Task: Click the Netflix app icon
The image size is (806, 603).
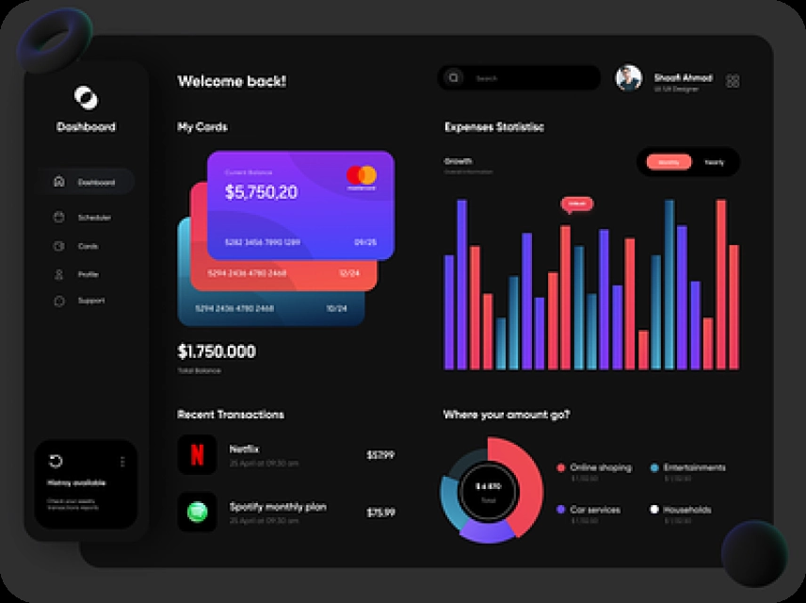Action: coord(197,454)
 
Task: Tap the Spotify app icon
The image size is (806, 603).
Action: coord(197,512)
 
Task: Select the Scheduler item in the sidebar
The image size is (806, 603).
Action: coord(93,218)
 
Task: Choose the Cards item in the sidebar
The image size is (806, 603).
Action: coord(88,246)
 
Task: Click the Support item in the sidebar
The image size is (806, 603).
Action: coord(90,301)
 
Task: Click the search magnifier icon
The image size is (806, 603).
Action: coord(454,78)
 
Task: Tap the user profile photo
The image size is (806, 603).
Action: coord(629,78)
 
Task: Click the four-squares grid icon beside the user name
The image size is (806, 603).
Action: coord(733,81)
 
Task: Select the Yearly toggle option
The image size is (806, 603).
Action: coord(715,162)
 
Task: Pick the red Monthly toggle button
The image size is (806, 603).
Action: coord(669,162)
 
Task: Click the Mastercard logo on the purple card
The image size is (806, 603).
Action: coord(361,175)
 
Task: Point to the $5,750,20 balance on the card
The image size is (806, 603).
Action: coord(261,192)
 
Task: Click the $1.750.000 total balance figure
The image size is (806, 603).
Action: coord(217,351)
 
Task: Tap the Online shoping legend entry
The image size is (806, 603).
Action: coord(600,467)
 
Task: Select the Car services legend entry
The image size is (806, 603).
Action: coord(594,510)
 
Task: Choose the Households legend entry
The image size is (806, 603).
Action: coord(686,510)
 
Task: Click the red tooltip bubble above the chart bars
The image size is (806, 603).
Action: coord(576,204)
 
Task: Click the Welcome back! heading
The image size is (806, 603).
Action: coord(232,82)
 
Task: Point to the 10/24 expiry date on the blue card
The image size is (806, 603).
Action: coord(336,308)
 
